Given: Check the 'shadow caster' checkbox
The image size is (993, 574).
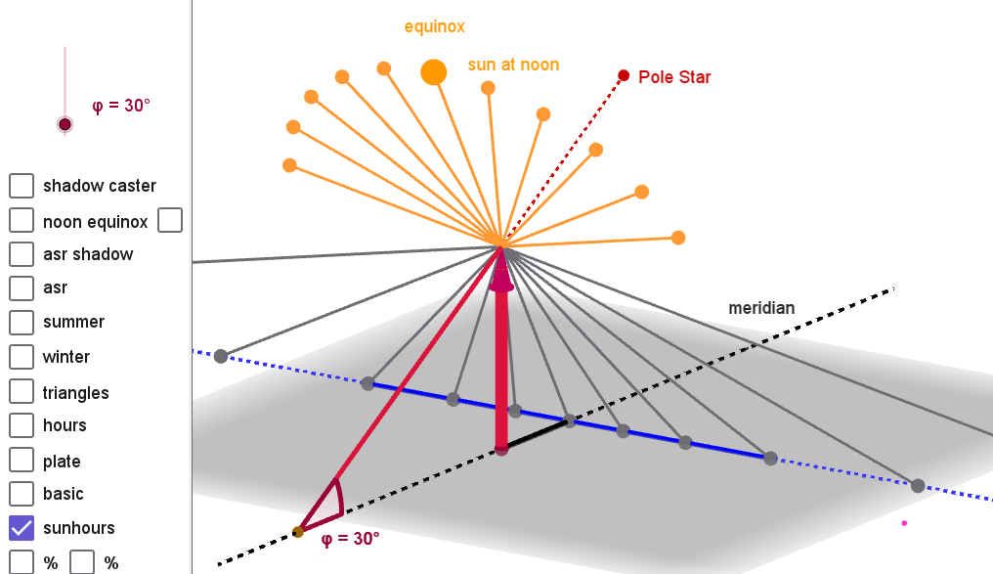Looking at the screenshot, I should pos(22,185).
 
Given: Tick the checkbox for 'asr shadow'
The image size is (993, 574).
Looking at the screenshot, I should pos(22,253).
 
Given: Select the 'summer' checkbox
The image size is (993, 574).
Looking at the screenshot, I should pos(22,322).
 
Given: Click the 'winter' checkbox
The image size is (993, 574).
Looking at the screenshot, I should pos(22,356).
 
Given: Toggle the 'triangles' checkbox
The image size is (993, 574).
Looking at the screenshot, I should pos(22,391).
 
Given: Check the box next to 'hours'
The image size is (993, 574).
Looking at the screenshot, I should pos(22,424).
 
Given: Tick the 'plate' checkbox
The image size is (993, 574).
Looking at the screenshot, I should pos(22,461).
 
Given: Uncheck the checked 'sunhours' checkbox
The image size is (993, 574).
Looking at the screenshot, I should pos(22,527).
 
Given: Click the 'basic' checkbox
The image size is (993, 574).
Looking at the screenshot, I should pos(22,493).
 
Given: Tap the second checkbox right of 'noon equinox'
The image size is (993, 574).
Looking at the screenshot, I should pos(170,220).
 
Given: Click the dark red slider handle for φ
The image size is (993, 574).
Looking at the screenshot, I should pos(65,124).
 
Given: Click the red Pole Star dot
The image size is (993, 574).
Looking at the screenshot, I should pos(624,75).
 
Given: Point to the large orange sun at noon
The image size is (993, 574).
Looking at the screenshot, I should pos(434,71).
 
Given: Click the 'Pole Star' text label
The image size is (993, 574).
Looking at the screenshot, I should pos(674,76).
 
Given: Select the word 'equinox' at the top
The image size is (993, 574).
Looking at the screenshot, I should pos(435,26).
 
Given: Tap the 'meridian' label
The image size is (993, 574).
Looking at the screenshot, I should pos(761,307).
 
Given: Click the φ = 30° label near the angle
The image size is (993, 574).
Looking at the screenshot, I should pos(350,538).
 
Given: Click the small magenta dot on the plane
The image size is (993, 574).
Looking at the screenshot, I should pos(904,523).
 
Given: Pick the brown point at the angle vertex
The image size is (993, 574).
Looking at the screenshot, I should pos(298,532).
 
